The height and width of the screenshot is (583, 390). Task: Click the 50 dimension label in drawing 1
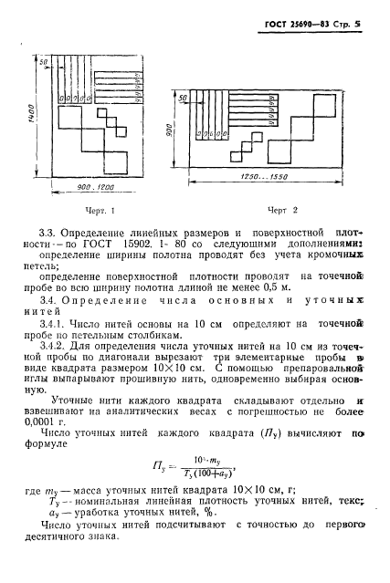[x=43, y=62]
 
